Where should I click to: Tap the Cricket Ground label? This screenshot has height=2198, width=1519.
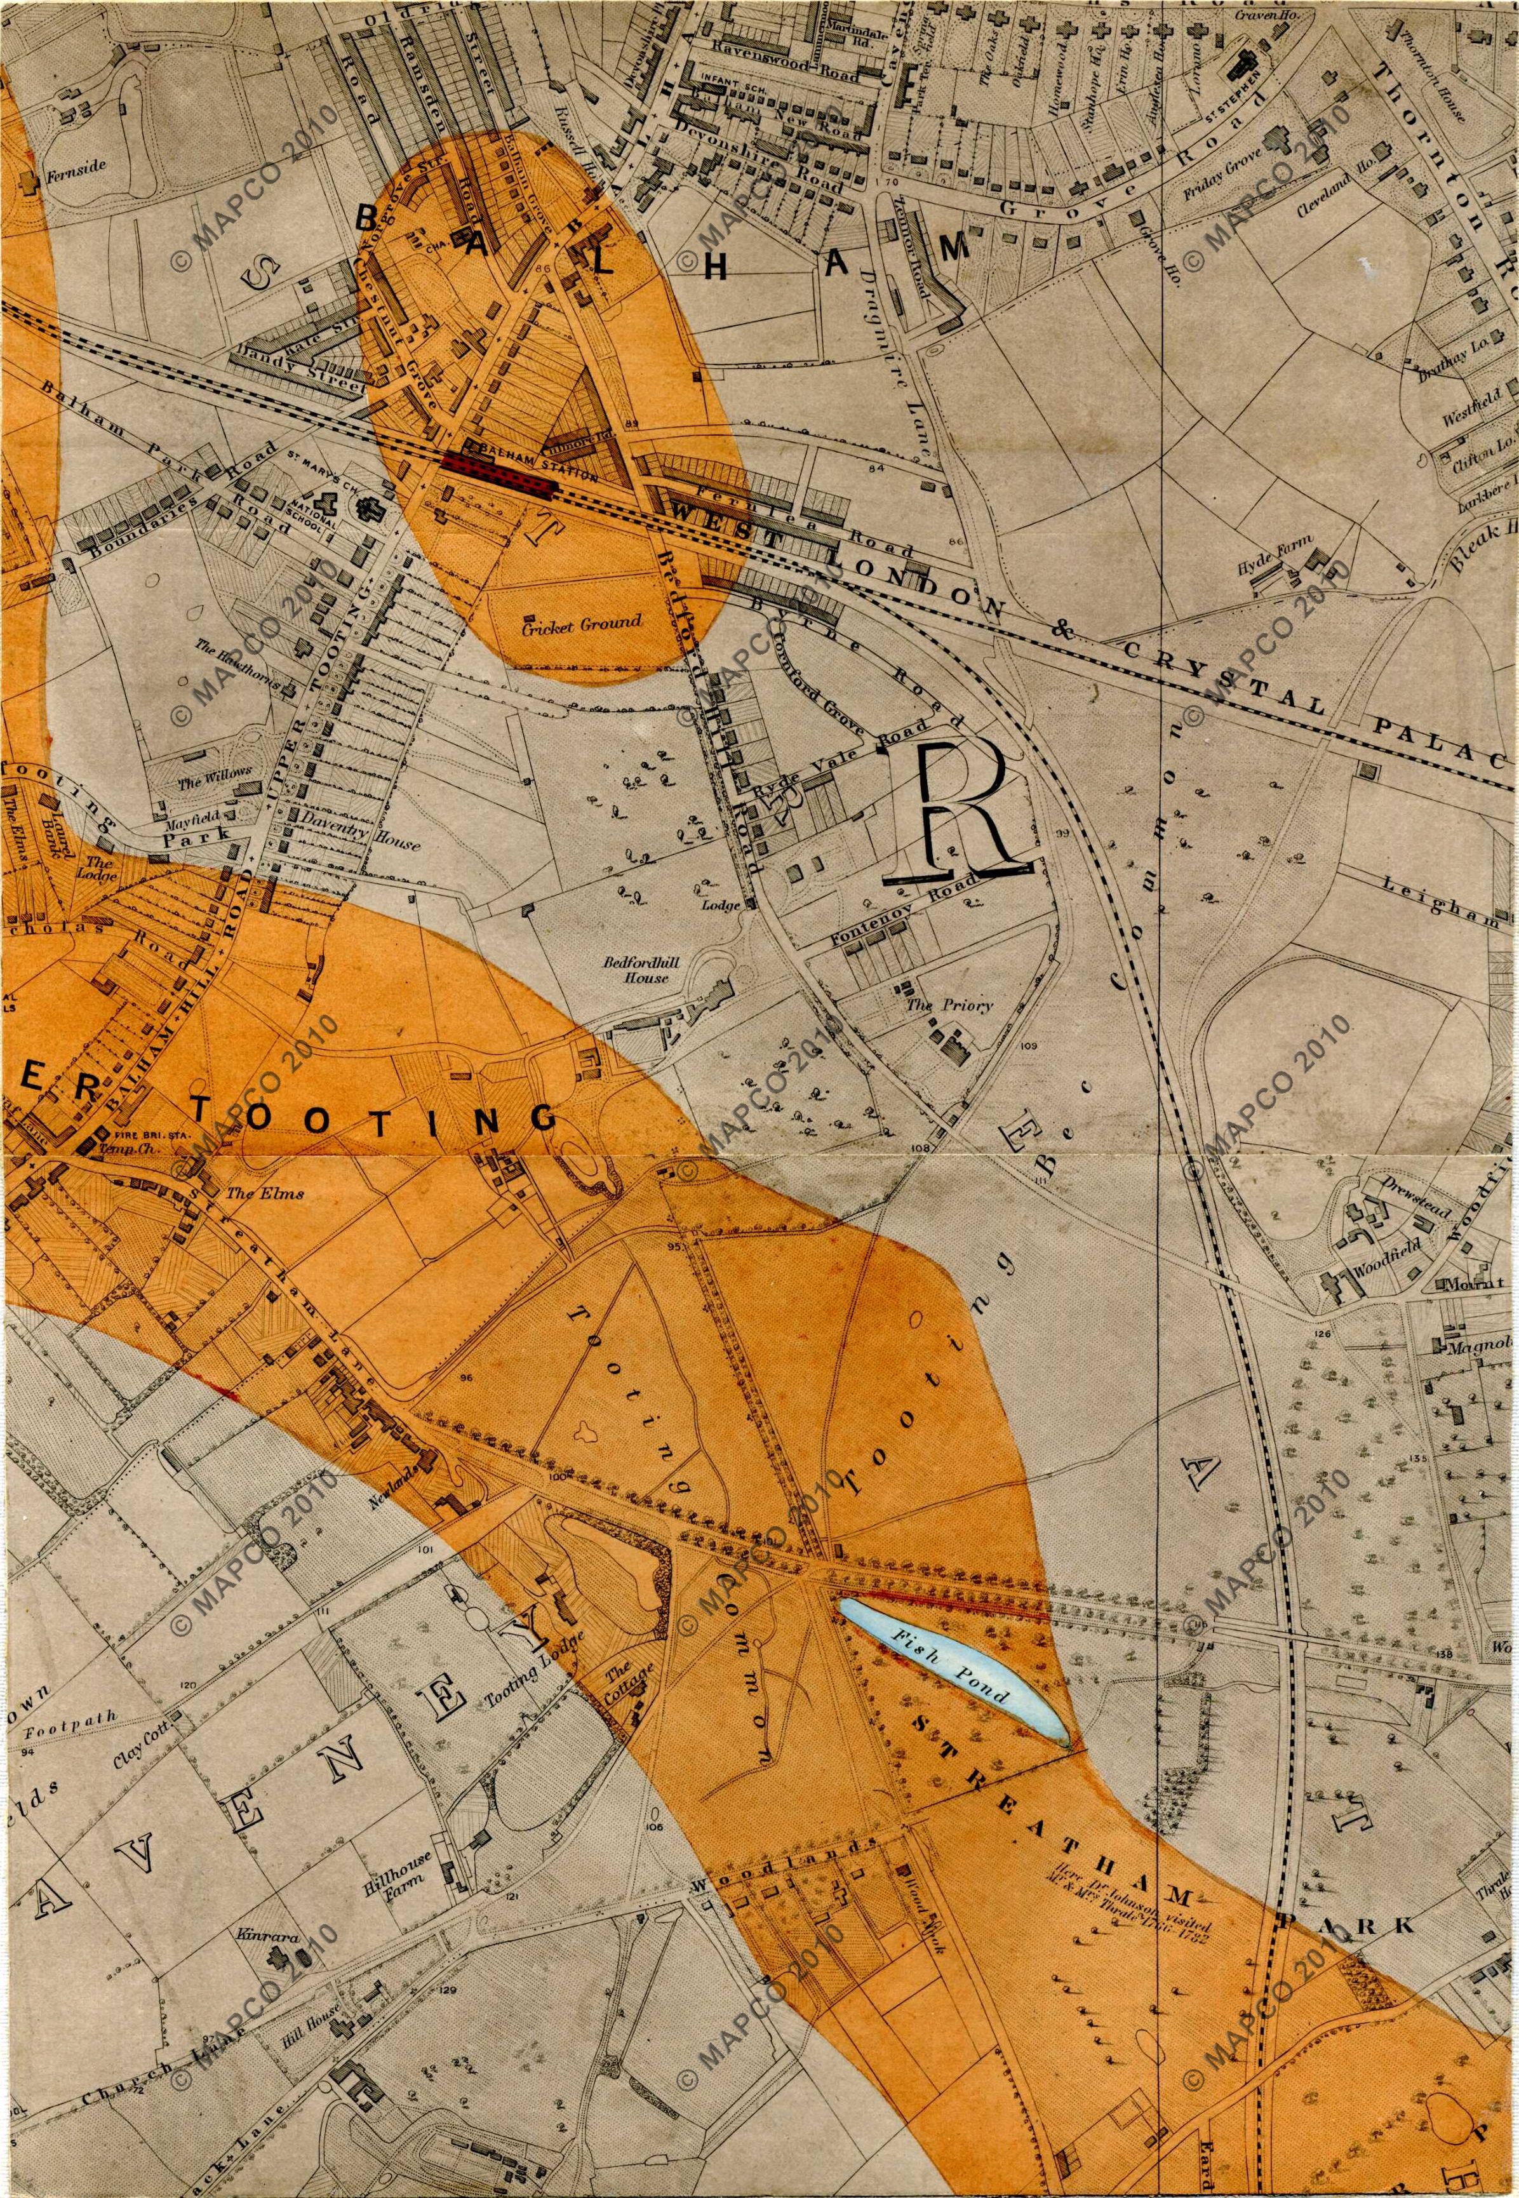coord(580,624)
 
